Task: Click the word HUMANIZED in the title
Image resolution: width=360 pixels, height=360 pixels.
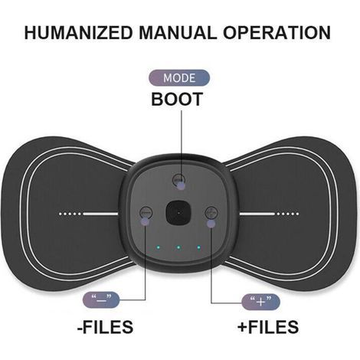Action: coord(79,32)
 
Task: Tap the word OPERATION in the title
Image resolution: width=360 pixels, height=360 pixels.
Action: coord(277,32)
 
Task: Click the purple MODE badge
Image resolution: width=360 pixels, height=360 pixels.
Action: coord(179,78)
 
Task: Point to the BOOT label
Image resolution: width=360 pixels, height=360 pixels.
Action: coord(177,99)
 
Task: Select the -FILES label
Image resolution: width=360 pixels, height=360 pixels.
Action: coord(105,326)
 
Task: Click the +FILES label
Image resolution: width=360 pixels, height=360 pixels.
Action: coord(268,326)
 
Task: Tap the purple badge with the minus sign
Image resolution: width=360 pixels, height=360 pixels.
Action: coord(101,299)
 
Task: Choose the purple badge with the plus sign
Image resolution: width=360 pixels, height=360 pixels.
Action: coord(260,302)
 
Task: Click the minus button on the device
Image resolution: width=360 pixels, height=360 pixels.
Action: coord(146,212)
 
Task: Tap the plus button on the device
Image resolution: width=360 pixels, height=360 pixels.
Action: coord(211,212)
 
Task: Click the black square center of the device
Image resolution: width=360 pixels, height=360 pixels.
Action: coord(178,212)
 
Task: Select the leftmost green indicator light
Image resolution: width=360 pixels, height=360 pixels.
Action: coord(159,247)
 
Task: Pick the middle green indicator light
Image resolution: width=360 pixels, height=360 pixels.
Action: coord(178,247)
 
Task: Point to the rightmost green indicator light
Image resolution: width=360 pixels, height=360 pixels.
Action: coord(199,247)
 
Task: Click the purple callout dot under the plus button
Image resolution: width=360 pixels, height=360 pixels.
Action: coord(211,224)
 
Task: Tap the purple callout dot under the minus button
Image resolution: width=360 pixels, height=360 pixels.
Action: coord(146,221)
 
